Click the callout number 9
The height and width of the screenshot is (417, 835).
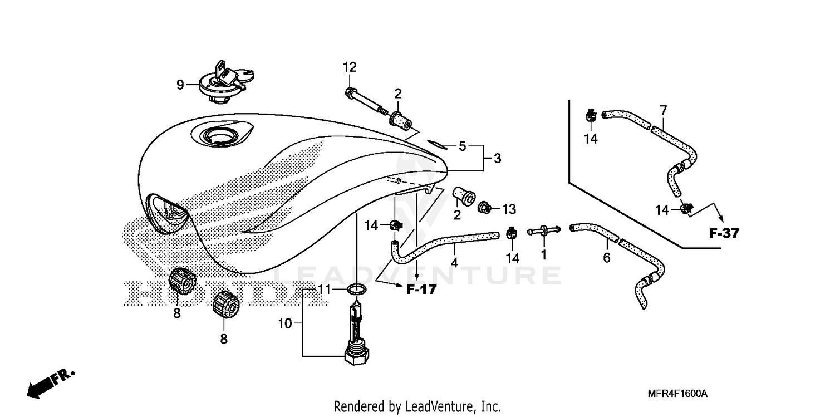tap(180, 85)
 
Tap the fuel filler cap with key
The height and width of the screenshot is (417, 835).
tap(222, 84)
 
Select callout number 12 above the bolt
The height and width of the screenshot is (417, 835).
tap(349, 67)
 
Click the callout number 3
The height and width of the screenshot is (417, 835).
tap(497, 159)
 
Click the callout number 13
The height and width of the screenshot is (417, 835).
tap(509, 209)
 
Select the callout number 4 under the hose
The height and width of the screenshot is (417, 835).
tap(455, 262)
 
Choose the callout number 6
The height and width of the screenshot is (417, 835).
tap(607, 257)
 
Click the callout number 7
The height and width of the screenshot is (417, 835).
tap(662, 110)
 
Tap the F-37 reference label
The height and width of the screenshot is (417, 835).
tap(724, 233)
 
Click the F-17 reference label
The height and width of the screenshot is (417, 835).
tap(421, 289)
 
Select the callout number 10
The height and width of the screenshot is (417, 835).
tap(285, 323)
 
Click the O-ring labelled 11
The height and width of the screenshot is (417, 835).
tap(356, 290)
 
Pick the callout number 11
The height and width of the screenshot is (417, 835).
tap(325, 290)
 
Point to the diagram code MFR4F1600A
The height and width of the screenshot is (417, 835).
tap(677, 394)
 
